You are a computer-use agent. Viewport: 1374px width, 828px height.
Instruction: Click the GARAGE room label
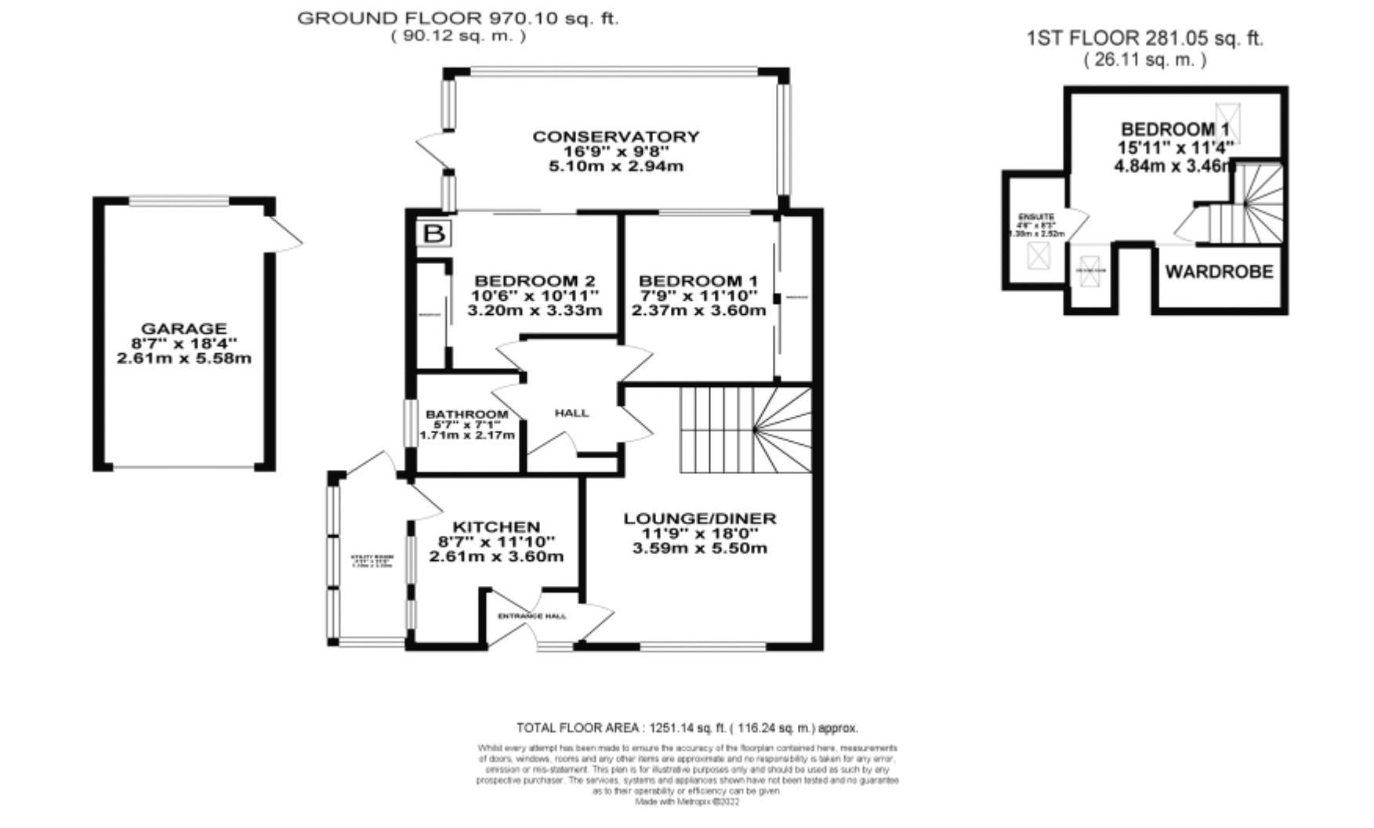pos(183,329)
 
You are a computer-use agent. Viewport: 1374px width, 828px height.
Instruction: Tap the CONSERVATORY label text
pos(615,136)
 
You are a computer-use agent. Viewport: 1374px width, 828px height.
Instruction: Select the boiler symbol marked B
pos(433,233)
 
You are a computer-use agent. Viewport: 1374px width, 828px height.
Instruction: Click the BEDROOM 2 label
pos(535,281)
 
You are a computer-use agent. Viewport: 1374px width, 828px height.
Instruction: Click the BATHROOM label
pos(466,414)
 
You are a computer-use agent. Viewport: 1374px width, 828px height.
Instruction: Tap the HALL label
pos(571,413)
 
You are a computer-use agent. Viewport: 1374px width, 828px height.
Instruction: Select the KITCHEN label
pos(497,527)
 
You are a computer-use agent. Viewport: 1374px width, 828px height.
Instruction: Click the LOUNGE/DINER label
pos(699,519)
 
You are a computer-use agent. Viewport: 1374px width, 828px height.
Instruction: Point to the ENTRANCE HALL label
pos(532,616)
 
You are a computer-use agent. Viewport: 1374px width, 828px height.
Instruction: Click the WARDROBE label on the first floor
pos(1219,272)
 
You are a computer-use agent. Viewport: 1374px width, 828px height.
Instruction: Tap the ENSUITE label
pos(1036,217)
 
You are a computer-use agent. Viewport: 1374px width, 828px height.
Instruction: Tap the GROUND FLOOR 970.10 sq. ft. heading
pos(458,19)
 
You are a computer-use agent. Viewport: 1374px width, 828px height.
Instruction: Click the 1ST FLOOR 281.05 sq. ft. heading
pos(1144,38)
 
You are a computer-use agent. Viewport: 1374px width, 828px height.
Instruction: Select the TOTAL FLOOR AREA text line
pos(687,728)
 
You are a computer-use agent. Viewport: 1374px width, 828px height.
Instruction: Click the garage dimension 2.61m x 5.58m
pos(183,359)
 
